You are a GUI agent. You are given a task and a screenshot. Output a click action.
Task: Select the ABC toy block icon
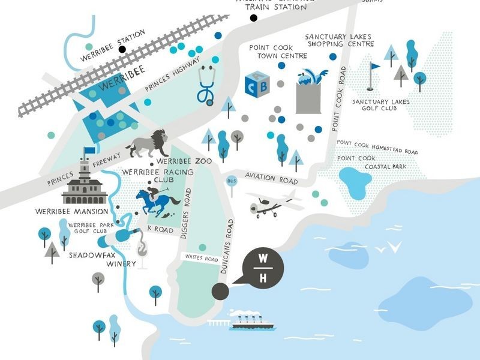point(257,85)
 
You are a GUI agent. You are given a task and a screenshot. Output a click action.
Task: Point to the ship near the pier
point(252,321)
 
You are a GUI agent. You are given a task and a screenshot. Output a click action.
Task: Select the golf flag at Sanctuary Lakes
point(374,69)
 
